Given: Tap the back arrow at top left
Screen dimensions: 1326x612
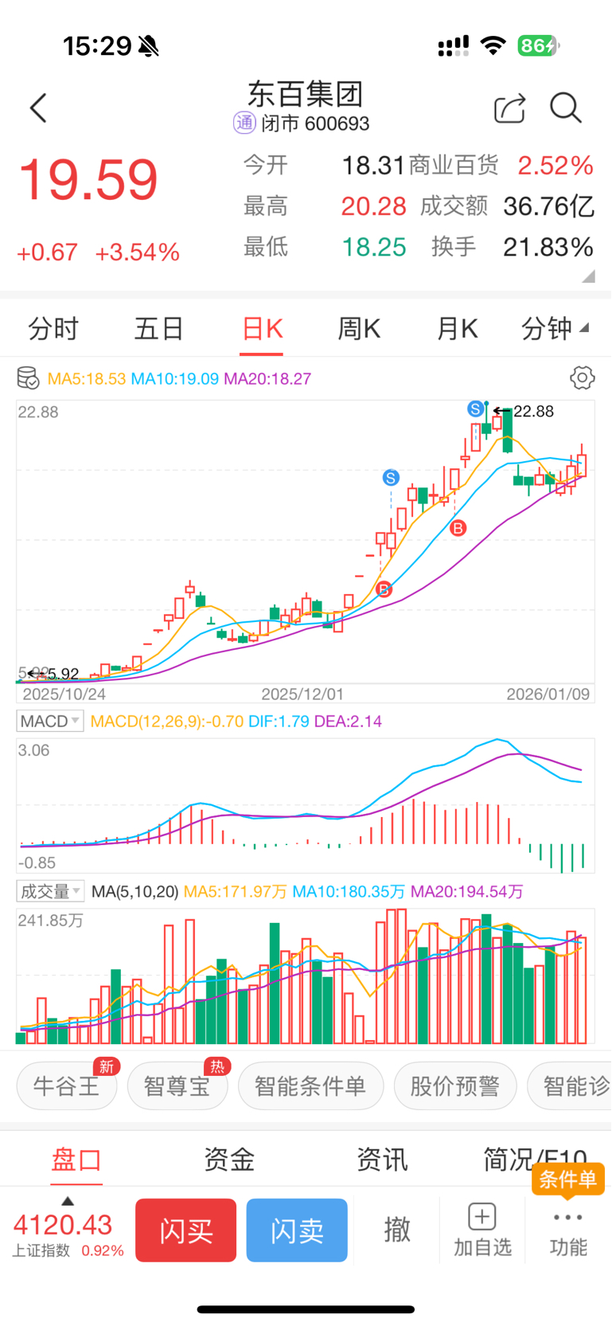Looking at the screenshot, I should pyautogui.click(x=38, y=108).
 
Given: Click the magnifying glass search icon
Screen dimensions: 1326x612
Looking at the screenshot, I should pyautogui.click(x=566, y=108).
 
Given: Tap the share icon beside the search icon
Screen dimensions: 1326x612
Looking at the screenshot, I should pyautogui.click(x=509, y=108).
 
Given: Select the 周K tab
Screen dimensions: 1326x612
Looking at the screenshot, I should pyautogui.click(x=359, y=328).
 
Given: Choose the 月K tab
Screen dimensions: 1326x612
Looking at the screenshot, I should pyautogui.click(x=458, y=328).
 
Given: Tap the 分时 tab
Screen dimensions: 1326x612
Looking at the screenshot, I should pyautogui.click(x=53, y=328).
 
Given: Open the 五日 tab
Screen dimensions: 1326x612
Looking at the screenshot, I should pyautogui.click(x=158, y=328).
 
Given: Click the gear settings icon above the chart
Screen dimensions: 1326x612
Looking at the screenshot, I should pyautogui.click(x=583, y=377).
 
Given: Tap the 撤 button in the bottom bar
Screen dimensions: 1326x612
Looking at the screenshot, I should pyautogui.click(x=397, y=1230).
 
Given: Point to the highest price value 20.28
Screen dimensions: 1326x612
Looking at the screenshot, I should pyautogui.click(x=373, y=206).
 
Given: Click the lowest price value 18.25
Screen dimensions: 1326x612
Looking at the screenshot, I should pyautogui.click(x=373, y=247).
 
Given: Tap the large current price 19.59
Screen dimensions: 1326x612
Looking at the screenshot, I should pyautogui.click(x=88, y=180).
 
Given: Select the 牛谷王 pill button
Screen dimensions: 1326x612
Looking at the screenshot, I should pyautogui.click(x=67, y=1085).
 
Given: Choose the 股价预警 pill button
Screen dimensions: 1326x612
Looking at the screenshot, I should pyautogui.click(x=454, y=1085).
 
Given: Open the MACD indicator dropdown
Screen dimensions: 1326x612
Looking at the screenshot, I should pyautogui.click(x=50, y=722).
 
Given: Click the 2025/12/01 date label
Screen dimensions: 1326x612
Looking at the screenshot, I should pyautogui.click(x=302, y=694).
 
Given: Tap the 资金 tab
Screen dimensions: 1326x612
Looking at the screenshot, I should pyautogui.click(x=229, y=1160).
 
